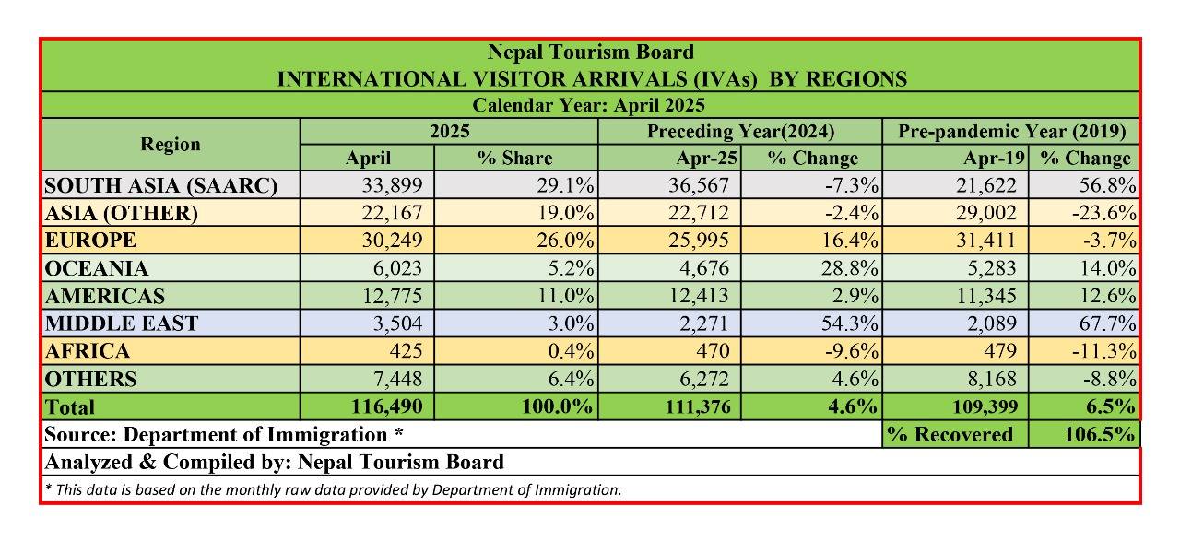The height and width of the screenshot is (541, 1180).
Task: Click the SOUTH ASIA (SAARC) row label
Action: point(160,186)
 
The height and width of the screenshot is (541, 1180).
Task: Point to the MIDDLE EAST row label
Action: point(121,323)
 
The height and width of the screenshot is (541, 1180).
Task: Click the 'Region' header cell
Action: point(171,144)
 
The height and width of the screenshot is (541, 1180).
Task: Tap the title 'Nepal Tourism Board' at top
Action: point(591,53)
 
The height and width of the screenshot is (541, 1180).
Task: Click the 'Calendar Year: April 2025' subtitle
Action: point(591,105)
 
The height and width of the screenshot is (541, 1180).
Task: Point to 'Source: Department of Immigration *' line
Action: point(224,434)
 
